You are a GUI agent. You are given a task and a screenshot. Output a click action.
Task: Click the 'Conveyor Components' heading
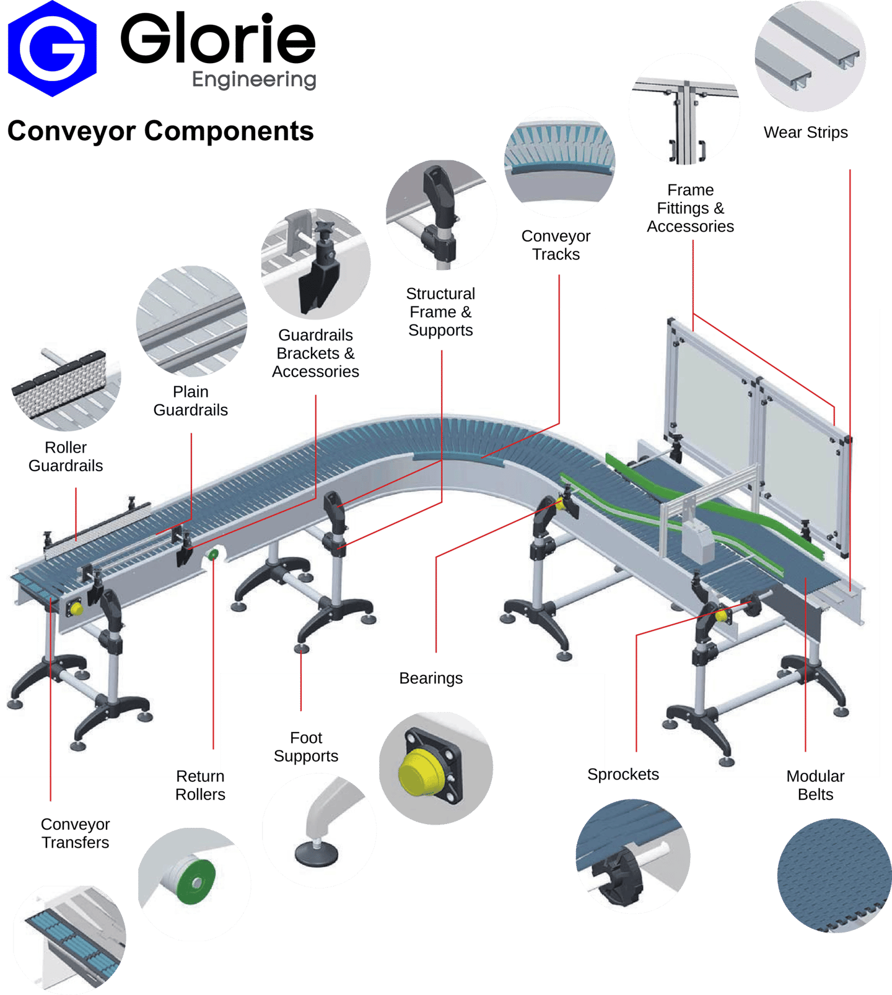pos(160,131)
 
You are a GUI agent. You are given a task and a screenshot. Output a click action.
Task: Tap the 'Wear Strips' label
pos(805,133)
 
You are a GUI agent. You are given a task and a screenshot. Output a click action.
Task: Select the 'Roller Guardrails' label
pos(66,456)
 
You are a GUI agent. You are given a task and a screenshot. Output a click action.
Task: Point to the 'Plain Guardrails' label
pos(190,401)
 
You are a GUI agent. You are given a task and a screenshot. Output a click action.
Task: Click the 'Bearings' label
pos(431,679)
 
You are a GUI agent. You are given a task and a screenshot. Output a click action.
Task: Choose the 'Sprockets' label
pos(623,774)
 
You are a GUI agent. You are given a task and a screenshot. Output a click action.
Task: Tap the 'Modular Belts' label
pos(815,785)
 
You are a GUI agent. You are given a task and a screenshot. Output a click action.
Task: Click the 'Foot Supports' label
pos(306,747)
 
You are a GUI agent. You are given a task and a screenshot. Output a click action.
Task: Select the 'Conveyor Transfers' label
pos(76,833)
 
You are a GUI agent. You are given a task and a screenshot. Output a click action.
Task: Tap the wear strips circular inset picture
pos(810,56)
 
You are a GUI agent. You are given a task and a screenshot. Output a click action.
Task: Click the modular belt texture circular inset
pos(833,876)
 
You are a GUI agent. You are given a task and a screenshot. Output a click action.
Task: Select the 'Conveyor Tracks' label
pos(556,245)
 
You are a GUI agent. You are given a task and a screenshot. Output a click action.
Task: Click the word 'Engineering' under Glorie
pos(254,79)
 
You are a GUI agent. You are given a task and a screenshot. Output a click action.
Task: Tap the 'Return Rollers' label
pos(200,785)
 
